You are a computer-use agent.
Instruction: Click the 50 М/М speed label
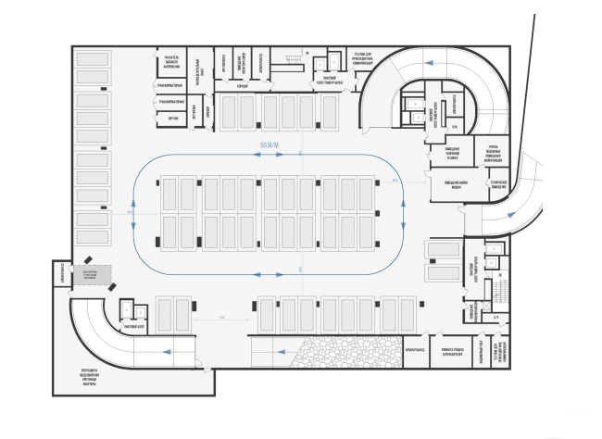click(x=270, y=146)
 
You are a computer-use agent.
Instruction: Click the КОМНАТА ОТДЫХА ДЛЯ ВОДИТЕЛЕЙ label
click(x=454, y=352)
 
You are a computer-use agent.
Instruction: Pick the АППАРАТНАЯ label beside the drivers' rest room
click(x=415, y=352)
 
